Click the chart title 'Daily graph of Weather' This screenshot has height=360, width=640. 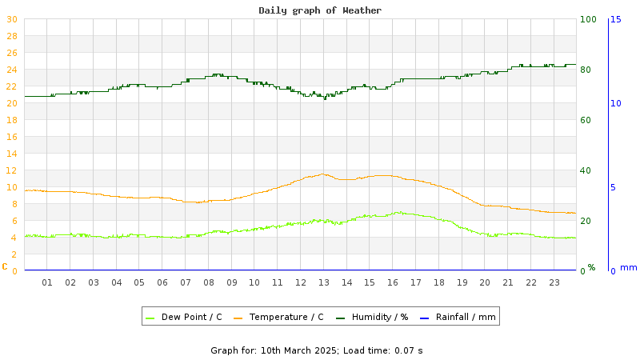[x=320, y=10]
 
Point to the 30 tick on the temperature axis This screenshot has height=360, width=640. [x=12, y=19]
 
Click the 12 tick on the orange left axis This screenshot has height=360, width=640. [x=12, y=170]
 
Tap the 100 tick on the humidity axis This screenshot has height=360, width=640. [x=588, y=19]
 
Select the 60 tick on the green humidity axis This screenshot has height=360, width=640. [x=586, y=120]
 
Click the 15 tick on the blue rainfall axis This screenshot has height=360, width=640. [x=616, y=19]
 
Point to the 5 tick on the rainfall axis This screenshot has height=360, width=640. [x=614, y=187]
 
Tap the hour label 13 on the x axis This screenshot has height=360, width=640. [x=324, y=282]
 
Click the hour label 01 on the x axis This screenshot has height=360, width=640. [x=47, y=282]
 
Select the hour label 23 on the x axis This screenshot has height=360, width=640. [x=554, y=282]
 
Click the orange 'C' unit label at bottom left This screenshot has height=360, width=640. [x=5, y=266]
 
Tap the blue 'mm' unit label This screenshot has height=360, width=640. [x=629, y=267]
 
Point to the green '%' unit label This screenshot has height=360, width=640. [x=591, y=267]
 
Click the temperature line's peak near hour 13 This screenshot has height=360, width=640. [x=323, y=174]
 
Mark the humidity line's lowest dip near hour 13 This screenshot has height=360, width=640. [x=325, y=98]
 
